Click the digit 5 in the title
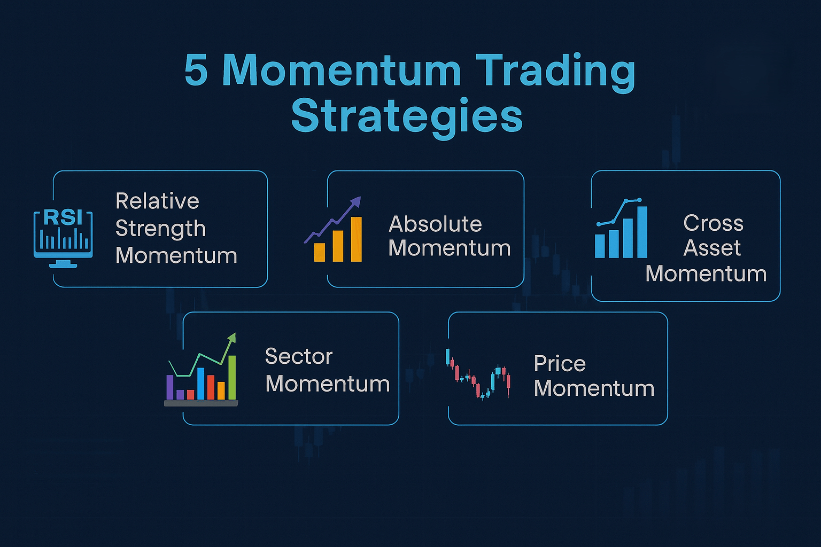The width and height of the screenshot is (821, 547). click(x=197, y=71)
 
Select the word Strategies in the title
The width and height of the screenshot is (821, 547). click(x=407, y=117)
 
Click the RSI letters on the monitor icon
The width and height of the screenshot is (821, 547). click(x=63, y=217)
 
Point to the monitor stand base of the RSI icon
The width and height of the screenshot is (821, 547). click(x=63, y=265)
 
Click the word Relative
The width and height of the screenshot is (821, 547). click(x=157, y=201)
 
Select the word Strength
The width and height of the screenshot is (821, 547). click(x=160, y=229)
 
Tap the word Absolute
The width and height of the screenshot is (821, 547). click(x=435, y=224)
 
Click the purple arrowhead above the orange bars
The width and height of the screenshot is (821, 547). click(x=356, y=202)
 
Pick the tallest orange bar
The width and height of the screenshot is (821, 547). click(x=357, y=239)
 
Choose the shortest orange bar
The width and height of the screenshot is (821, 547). click(x=320, y=252)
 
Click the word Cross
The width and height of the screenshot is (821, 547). click(x=713, y=223)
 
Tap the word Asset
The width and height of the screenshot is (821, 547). click(x=712, y=248)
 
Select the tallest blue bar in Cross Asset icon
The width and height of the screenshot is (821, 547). click(x=642, y=232)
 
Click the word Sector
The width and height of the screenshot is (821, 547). click(x=299, y=356)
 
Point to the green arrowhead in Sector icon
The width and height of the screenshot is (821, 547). click(x=232, y=338)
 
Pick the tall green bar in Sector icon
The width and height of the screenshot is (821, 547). click(x=232, y=377)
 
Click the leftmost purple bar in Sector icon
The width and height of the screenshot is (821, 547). click(x=169, y=387)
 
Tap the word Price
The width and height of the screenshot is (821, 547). click(x=560, y=363)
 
